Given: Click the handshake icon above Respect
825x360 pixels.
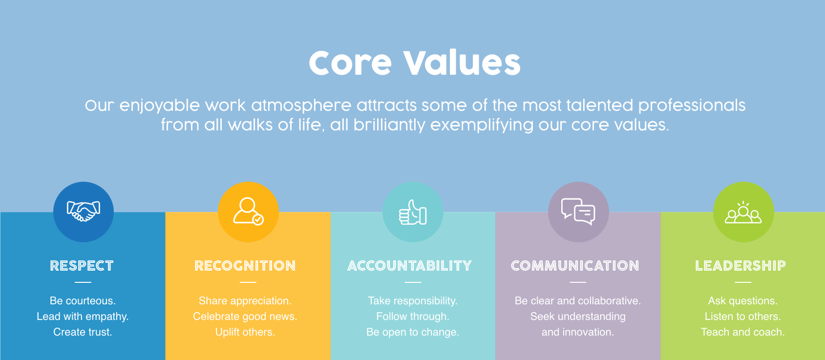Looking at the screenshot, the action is (x=83, y=212).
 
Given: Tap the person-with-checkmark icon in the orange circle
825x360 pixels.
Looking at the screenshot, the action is (x=248, y=211).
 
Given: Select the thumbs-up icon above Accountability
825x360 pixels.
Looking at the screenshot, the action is (x=413, y=212).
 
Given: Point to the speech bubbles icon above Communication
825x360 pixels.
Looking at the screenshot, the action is (x=578, y=212).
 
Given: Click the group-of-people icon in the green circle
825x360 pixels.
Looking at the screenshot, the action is (x=743, y=212).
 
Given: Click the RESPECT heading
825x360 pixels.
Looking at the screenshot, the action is (x=82, y=266).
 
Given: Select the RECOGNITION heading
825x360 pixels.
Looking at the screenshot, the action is (x=245, y=266).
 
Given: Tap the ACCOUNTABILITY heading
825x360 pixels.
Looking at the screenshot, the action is (x=409, y=266).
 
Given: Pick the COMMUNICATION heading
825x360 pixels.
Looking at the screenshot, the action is (x=575, y=266).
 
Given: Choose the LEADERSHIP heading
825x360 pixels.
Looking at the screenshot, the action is (x=740, y=266).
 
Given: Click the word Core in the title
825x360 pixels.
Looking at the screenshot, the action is (x=350, y=63).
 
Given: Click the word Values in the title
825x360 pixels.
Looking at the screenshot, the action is (x=462, y=63).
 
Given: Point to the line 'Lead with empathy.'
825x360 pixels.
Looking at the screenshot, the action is (x=83, y=317).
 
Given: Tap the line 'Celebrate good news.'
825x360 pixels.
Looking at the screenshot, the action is (x=245, y=317).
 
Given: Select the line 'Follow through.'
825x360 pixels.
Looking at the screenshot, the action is (x=412, y=317).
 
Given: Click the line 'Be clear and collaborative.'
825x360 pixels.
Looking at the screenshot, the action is (x=577, y=301).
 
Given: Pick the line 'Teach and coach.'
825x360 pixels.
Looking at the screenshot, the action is (x=742, y=332).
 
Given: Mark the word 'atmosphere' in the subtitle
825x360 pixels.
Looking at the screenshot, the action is (x=301, y=106).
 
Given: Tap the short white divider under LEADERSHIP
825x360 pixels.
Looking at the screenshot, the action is (x=743, y=282).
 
